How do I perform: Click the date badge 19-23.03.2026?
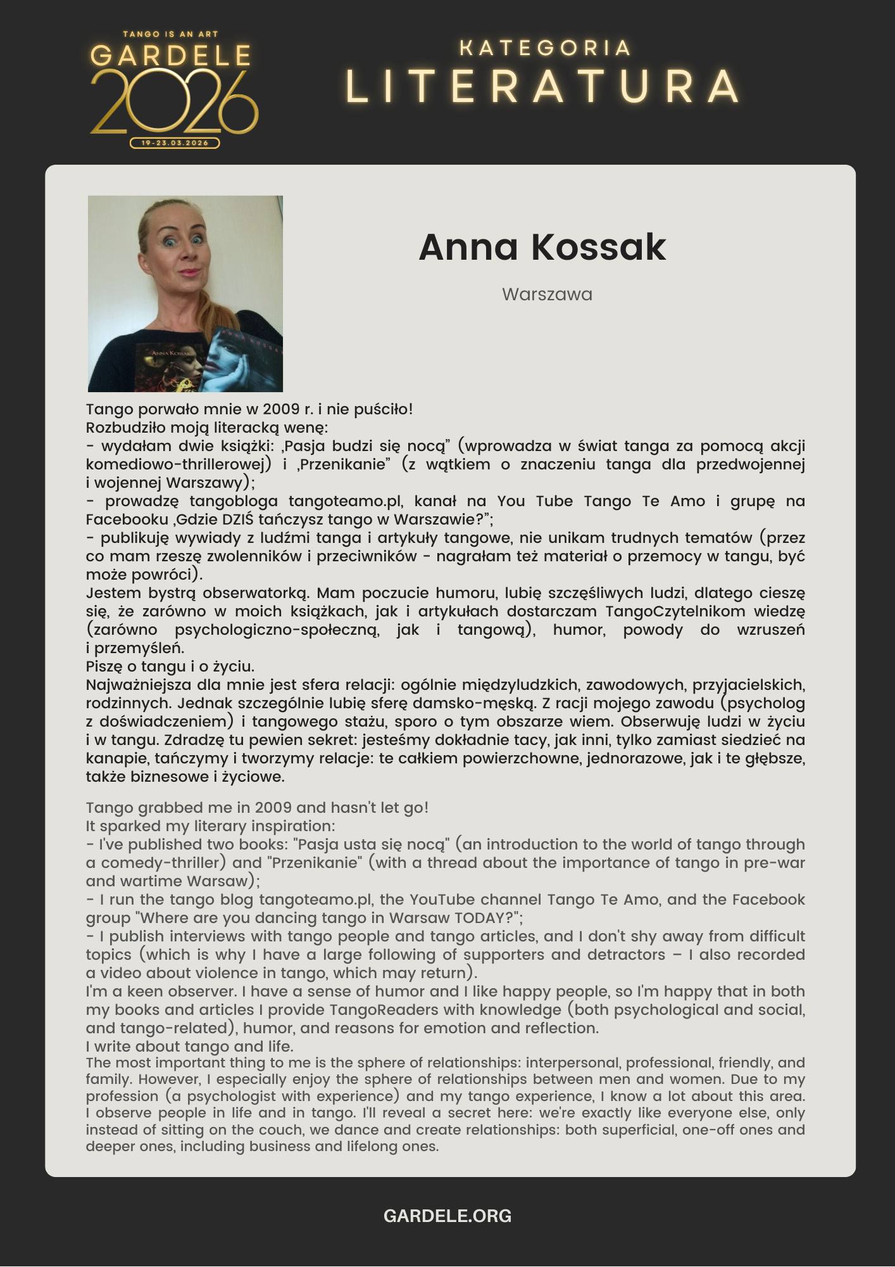[175, 143]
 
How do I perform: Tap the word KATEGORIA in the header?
[545, 48]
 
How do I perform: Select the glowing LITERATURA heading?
[543, 86]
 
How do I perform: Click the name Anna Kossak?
[542, 247]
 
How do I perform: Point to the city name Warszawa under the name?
[547, 295]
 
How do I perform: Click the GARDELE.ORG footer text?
[447, 1216]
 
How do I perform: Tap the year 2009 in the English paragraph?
[273, 808]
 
